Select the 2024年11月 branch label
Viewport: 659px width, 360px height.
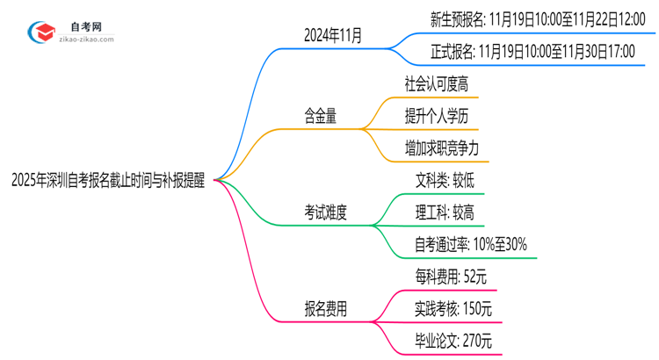(x=332, y=37)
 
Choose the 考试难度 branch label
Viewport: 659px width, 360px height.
(x=325, y=212)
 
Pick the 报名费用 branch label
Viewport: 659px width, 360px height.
(x=325, y=308)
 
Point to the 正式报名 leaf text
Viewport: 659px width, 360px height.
(x=533, y=52)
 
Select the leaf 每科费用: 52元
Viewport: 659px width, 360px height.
(x=451, y=277)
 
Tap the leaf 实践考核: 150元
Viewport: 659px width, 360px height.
(x=454, y=308)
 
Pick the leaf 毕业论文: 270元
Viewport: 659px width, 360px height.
(x=454, y=341)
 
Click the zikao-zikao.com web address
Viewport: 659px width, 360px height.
(x=84, y=40)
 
